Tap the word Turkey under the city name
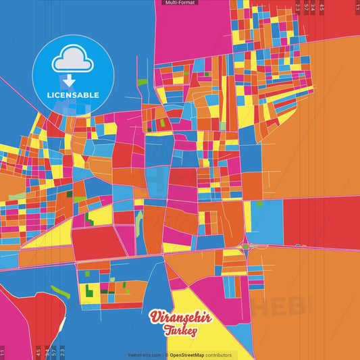point(179,331)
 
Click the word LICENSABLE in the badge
point(74,95)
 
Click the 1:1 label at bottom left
point(2,352)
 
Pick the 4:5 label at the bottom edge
point(38,352)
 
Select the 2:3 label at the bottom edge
point(62,352)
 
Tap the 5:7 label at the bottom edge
point(54,352)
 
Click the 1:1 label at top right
point(357,7)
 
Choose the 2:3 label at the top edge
point(298,7)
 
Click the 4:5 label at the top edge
point(322,7)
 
